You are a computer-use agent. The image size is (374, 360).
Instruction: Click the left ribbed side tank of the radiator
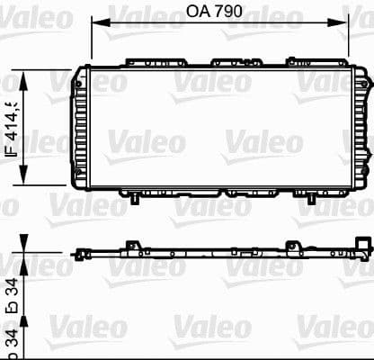(80, 127)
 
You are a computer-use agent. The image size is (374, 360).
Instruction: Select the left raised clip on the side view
(131, 220)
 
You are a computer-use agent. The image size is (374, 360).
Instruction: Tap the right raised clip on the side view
(293, 220)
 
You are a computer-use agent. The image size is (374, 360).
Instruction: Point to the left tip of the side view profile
(73, 229)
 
